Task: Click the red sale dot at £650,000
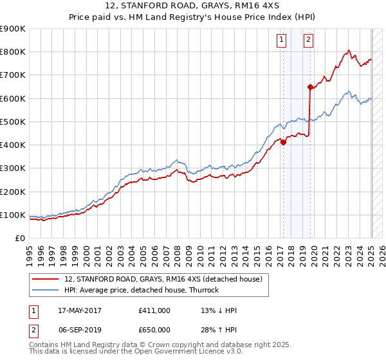pyautogui.click(x=310, y=87)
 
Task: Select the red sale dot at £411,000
pyautogui.click(x=283, y=143)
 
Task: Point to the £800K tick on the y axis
pyautogui.click(x=13, y=52)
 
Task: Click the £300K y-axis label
pyautogui.click(x=13, y=168)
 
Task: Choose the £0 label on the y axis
pyautogui.click(x=19, y=239)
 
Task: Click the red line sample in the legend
pyautogui.click(x=46, y=280)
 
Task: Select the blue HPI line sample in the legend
pyautogui.click(x=46, y=290)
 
